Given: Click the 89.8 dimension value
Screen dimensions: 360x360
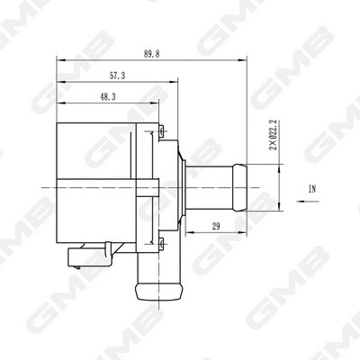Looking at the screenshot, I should point(150,54).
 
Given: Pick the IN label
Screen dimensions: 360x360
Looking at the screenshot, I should point(312,189).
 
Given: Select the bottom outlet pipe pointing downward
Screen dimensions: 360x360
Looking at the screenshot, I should point(155,274).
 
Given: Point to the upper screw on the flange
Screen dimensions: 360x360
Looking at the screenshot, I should point(159,132).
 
